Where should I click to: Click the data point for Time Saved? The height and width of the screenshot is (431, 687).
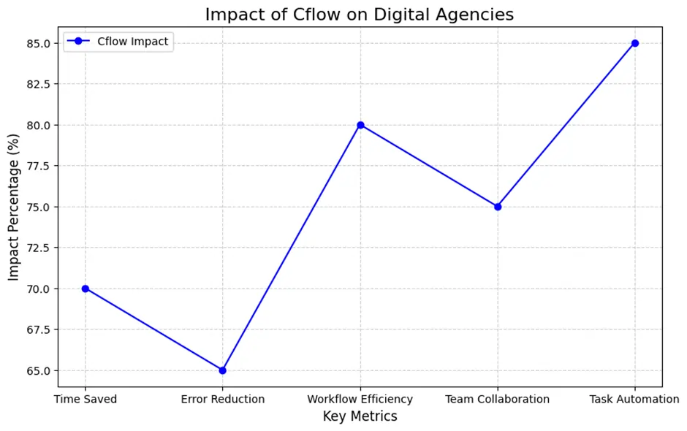(86, 289)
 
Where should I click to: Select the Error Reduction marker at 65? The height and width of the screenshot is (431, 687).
(223, 370)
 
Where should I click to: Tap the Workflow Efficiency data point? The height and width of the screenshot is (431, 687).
(360, 125)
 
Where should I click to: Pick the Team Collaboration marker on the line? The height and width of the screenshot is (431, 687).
(498, 207)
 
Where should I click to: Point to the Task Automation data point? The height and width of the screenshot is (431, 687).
(635, 43)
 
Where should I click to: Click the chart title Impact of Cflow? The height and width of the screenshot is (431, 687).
(360, 15)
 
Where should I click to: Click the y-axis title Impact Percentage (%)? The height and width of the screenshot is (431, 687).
(14, 207)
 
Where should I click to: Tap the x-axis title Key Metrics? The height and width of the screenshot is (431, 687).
(360, 416)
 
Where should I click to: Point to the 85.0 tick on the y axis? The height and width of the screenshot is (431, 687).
(37, 43)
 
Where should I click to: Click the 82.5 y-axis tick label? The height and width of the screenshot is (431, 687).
(37, 84)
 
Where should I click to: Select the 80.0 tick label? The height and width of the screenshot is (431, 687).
(37, 125)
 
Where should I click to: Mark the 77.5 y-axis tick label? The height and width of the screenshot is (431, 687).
(37, 166)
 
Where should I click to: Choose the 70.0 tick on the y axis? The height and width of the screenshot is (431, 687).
(37, 289)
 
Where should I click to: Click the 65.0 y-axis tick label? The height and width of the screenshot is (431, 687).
(37, 370)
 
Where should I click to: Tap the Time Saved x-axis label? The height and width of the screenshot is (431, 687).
(86, 399)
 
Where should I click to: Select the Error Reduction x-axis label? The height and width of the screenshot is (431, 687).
(223, 399)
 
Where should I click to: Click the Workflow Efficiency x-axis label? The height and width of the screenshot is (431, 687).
(360, 399)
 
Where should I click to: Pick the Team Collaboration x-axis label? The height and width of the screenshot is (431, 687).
(498, 399)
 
